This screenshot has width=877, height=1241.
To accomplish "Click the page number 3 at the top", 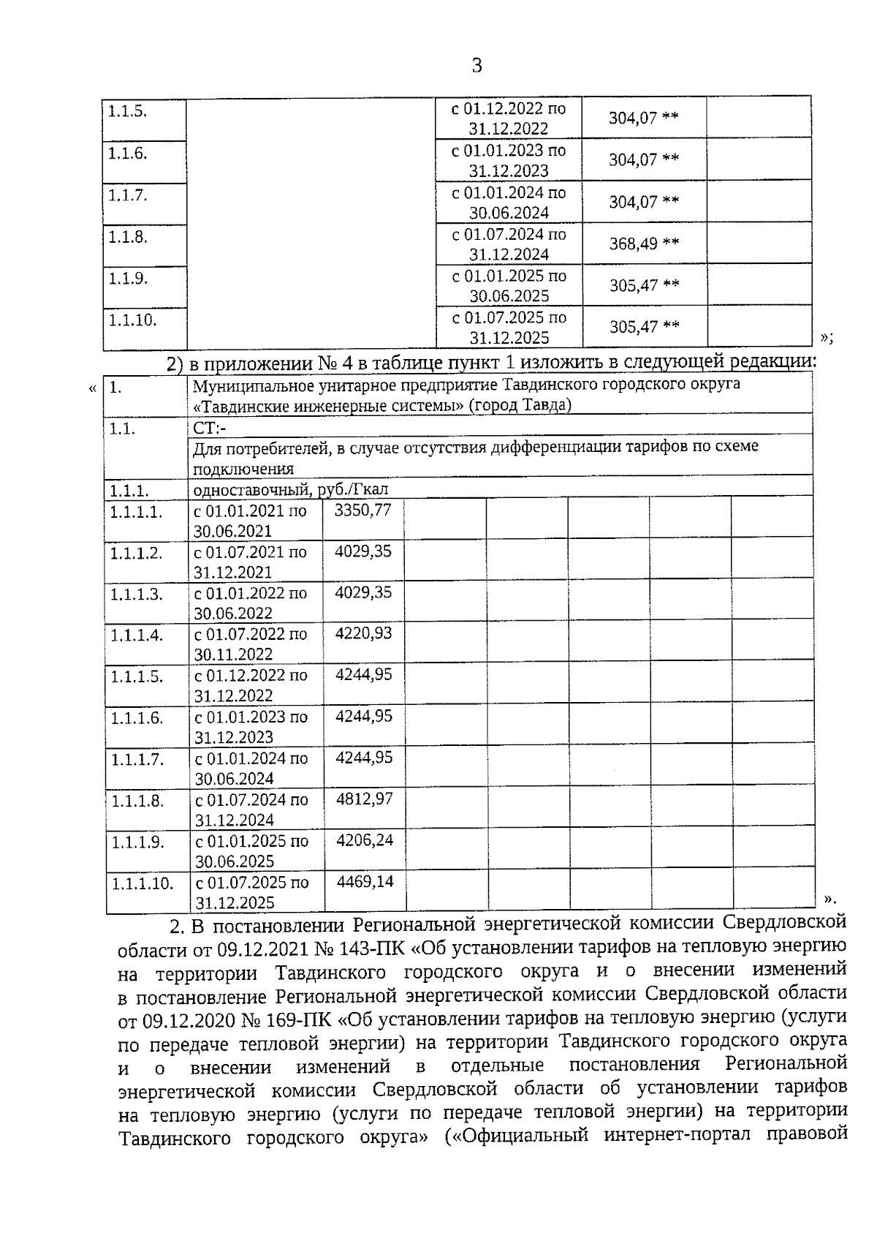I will click(477, 66).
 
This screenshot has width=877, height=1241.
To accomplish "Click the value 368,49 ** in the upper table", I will click(644, 244).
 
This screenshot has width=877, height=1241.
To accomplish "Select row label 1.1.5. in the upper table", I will click(128, 112).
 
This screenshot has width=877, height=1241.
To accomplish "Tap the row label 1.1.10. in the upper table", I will click(132, 320).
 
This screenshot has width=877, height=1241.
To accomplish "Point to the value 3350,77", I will click(362, 510).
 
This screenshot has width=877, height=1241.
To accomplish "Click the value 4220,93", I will click(363, 633).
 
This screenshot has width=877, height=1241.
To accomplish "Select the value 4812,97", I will click(364, 799).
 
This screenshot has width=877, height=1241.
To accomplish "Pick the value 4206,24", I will click(364, 840).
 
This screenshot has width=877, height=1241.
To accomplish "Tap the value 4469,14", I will click(365, 882).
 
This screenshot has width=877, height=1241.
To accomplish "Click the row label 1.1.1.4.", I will click(137, 635).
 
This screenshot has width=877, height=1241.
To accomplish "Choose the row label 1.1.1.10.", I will click(143, 883).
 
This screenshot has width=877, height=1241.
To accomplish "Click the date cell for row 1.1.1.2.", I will click(250, 562).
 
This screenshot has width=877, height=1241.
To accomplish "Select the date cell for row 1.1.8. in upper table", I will click(509, 244).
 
